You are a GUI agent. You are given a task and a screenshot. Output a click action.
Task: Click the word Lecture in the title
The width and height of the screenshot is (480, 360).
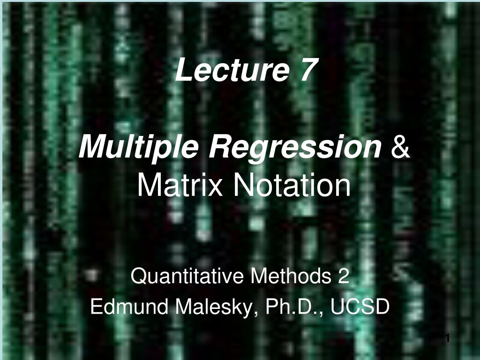coord(231,70)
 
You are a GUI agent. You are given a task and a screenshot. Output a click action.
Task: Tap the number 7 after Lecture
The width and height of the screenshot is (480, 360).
coord(305,70)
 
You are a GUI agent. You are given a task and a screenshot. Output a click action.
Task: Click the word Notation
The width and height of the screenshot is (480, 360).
coord(292,186)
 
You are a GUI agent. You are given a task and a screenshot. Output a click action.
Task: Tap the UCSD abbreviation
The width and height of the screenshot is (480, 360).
coord(360,307)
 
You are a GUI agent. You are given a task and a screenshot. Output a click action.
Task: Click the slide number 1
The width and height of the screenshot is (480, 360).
coord(447,337)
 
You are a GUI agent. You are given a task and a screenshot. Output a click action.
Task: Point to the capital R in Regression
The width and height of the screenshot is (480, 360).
coord(218,148)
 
